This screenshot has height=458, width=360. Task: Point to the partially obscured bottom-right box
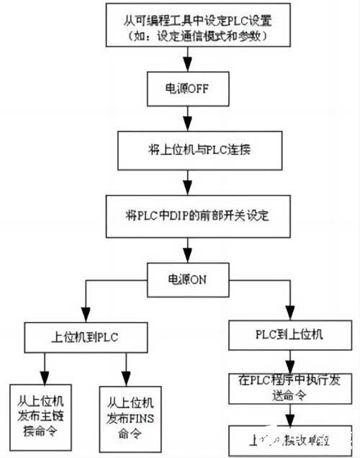coord(290,439)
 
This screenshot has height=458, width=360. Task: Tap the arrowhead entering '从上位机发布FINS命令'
coord(126,380)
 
